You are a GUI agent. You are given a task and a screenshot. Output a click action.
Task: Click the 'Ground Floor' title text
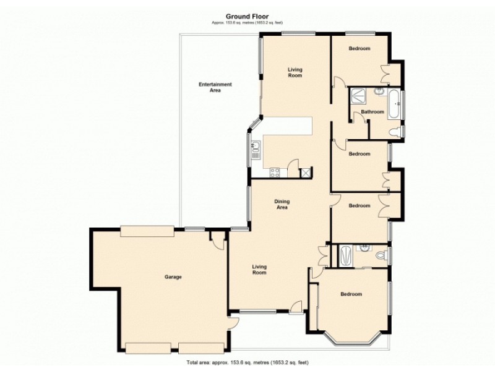point(247,17)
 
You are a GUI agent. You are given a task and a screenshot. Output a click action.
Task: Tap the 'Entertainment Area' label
point(215,87)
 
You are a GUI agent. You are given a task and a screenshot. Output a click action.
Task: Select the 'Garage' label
point(173,277)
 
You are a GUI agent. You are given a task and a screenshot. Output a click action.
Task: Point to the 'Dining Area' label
point(282,205)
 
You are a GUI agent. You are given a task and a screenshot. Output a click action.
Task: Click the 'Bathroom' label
point(372,112)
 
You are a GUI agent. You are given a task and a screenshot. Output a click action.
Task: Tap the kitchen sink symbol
point(255,148)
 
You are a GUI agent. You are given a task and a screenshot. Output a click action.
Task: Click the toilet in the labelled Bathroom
point(395,131)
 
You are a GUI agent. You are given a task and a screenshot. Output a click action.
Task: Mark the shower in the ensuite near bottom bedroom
point(346,254)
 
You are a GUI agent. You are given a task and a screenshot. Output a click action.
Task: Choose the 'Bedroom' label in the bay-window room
point(351,294)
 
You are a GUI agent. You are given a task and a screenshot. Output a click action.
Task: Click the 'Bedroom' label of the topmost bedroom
point(359,48)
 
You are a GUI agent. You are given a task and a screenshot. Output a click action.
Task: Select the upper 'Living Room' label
point(295,72)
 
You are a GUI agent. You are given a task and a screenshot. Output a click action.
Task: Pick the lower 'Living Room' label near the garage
point(259,270)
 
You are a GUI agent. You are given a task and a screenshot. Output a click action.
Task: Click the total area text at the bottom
point(247,362)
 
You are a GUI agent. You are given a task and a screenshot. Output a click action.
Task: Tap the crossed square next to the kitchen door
point(306,173)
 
